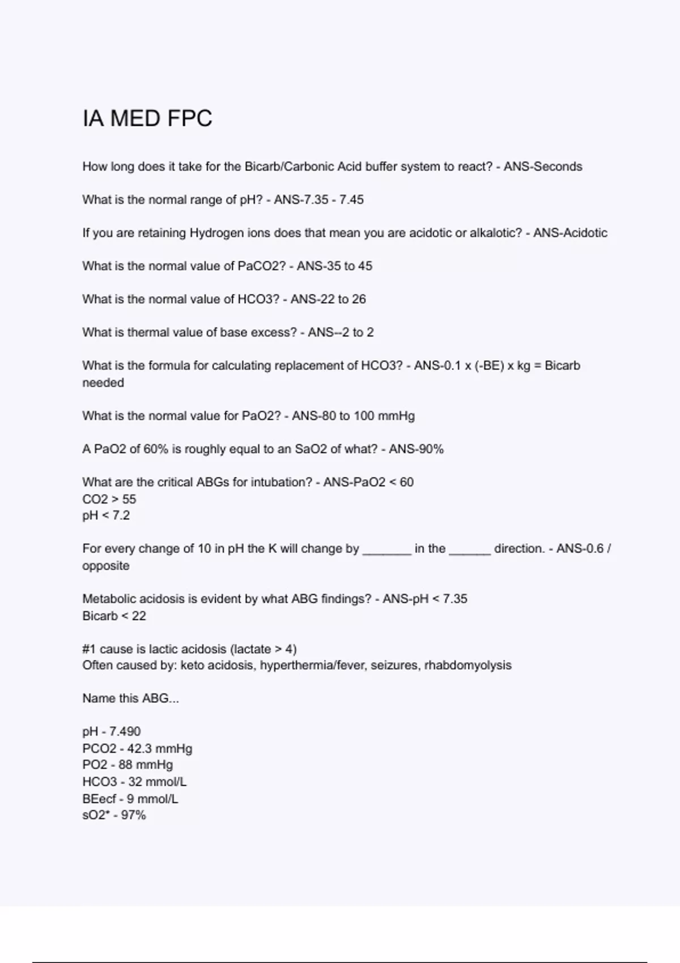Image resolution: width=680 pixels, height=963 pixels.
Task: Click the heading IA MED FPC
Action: [147, 119]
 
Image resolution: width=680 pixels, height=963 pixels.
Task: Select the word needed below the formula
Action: [103, 383]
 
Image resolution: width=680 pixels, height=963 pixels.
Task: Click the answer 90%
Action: [430, 449]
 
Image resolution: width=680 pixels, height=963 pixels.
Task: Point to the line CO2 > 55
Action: [109, 499]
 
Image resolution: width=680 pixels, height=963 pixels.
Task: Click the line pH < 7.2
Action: [106, 515]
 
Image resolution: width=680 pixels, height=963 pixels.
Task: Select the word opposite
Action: [106, 566]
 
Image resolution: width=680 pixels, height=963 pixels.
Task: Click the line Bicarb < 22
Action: [114, 616]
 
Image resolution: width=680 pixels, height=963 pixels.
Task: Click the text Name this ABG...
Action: [130, 698]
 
